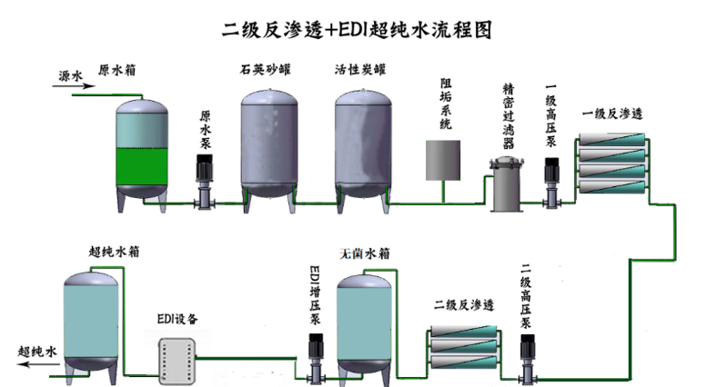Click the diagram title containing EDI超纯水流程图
coord(358,29)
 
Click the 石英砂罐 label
coord(267,69)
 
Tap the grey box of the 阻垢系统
coord(444,160)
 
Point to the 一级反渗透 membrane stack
coord(613,162)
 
